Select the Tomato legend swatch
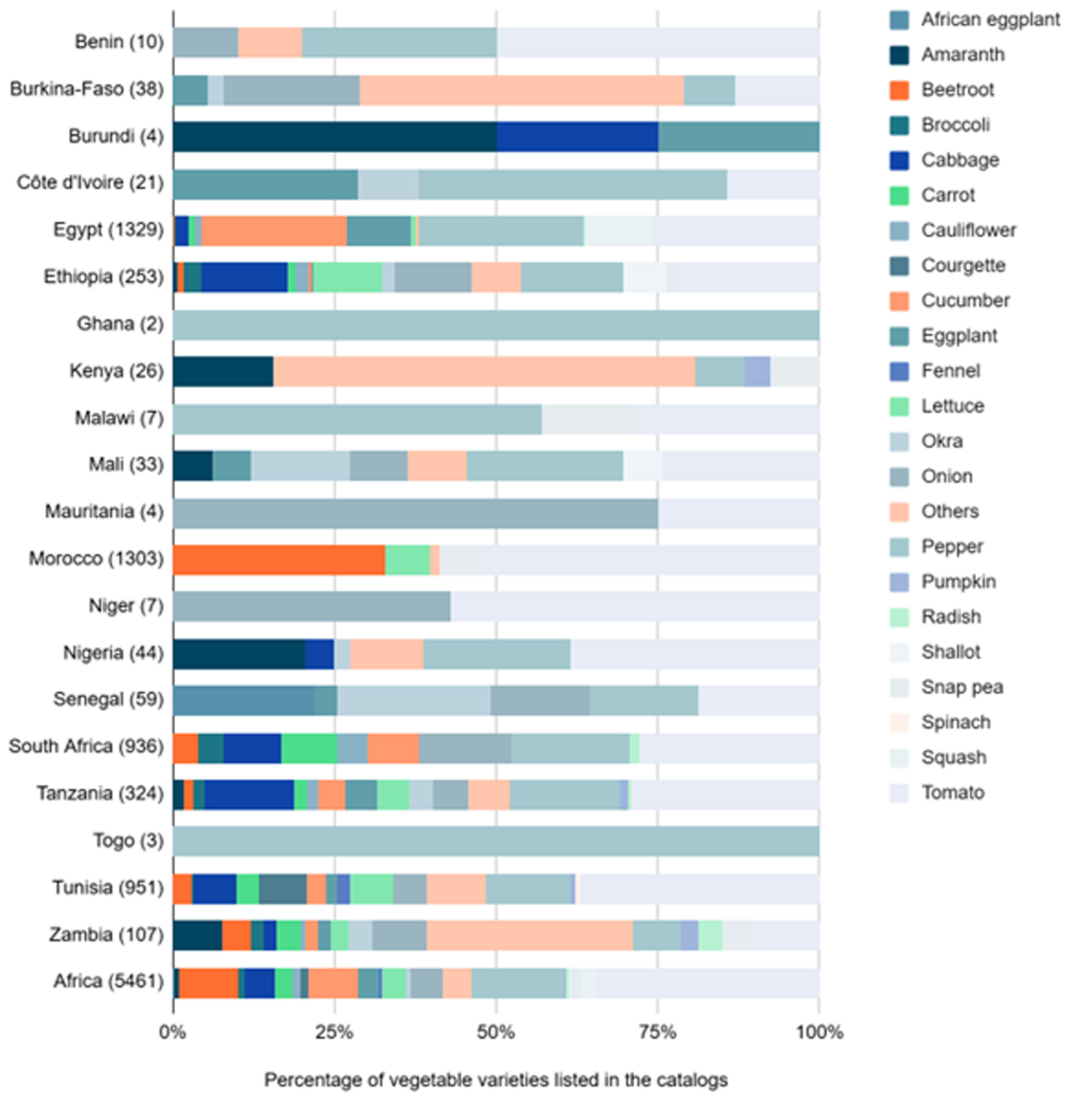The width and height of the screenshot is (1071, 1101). point(899,792)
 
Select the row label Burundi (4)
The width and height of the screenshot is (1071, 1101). point(116,136)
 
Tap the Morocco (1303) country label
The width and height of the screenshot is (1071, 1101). point(96,559)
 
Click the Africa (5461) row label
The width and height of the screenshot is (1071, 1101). point(109,981)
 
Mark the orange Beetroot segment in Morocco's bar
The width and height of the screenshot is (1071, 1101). point(279,560)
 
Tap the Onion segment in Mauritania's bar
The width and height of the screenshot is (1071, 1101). point(416,513)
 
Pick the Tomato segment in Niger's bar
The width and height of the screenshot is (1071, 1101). point(634,606)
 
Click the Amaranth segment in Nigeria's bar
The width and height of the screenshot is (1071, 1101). point(239,654)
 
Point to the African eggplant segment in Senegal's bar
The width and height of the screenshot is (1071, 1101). point(243,700)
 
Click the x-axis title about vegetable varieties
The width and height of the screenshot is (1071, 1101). point(496,1079)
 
